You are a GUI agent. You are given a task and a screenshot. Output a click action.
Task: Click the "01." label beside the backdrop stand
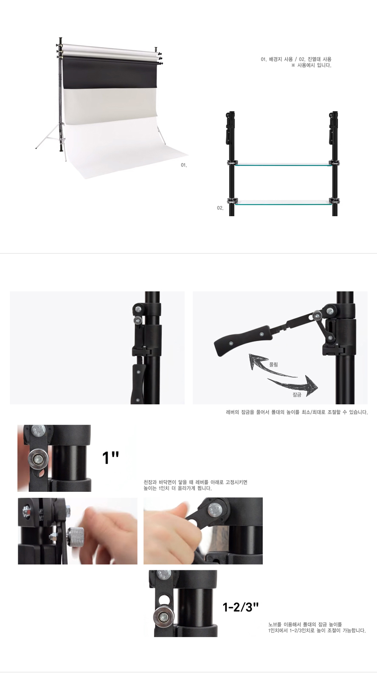click(184, 165)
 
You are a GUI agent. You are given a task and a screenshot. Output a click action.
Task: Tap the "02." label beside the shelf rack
click(220, 208)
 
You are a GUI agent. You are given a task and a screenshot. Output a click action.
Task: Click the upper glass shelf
click(283, 164)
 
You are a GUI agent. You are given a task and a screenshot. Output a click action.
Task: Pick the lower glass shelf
click(283, 202)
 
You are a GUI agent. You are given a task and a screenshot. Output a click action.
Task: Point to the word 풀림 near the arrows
click(273, 364)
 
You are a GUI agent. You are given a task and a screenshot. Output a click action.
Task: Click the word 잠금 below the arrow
click(297, 395)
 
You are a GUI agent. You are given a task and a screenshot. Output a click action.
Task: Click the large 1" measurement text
click(110, 458)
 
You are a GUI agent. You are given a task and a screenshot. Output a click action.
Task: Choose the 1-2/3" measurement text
click(241, 607)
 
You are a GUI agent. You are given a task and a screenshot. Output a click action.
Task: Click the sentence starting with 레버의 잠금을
click(297, 412)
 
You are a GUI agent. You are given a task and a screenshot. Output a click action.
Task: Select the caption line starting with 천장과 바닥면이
click(195, 482)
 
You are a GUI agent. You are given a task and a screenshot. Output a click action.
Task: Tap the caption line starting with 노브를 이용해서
click(305, 624)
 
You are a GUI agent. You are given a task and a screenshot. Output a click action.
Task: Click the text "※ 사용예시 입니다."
click(311, 65)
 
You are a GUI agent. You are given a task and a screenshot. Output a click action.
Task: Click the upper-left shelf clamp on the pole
click(232, 164)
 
